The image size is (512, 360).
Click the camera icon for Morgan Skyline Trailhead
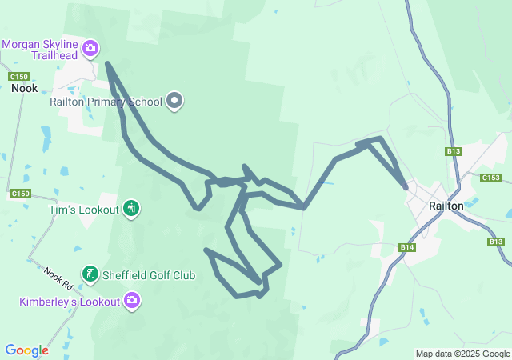(90, 49)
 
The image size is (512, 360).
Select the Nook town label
(24, 88)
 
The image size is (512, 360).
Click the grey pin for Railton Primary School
(174, 102)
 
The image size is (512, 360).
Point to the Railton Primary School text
(106, 102)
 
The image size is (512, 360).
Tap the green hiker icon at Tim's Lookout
(132, 209)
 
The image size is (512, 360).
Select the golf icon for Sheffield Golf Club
(90, 274)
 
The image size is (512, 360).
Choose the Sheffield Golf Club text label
(149, 275)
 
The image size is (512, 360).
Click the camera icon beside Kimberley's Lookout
(132, 301)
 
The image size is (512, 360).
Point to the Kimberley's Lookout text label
(70, 301)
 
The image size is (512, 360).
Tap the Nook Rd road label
(58, 278)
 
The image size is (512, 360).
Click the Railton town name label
(446, 206)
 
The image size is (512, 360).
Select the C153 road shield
(490, 178)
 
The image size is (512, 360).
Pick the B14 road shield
(407, 248)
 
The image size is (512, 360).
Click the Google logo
(26, 350)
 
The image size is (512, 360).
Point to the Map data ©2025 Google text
(462, 354)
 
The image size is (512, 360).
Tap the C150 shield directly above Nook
(20, 76)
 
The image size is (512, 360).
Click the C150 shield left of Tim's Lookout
(20, 194)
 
